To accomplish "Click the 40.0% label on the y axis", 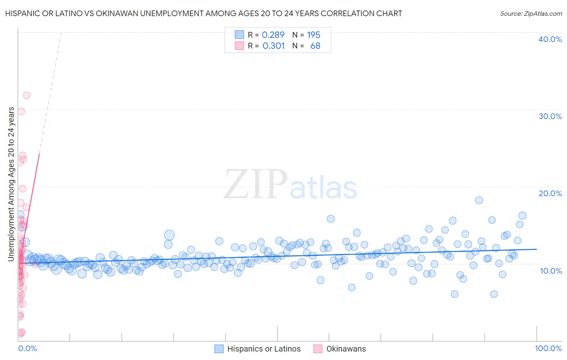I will click(550, 39).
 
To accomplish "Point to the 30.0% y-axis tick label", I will click(550, 116).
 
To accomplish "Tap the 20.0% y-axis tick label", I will click(550, 193).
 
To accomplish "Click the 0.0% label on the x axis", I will click(27, 348).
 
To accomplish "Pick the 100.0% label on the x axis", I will click(548, 348).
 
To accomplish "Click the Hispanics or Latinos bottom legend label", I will click(264, 349).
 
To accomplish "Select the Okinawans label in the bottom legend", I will click(346, 349).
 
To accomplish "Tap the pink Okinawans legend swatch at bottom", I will click(318, 349).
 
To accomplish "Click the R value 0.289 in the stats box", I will click(273, 35).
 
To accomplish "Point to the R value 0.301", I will click(273, 46).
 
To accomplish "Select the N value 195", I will click(313, 35).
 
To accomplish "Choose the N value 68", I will click(315, 46).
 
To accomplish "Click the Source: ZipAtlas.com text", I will click(531, 13).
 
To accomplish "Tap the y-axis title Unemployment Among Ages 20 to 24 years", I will click(11, 184).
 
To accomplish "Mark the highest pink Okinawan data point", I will click(27, 95).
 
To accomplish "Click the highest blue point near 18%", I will click(479, 200).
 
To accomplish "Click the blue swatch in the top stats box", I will click(240, 35).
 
